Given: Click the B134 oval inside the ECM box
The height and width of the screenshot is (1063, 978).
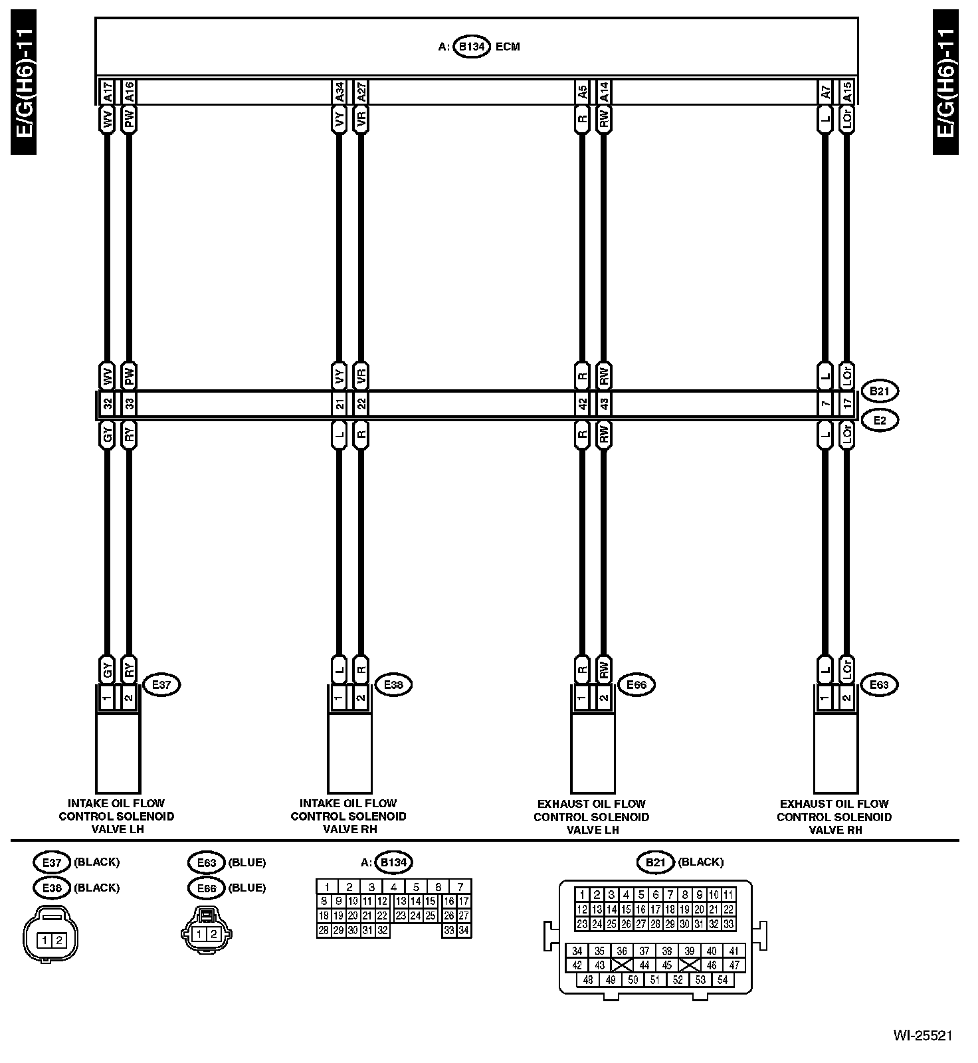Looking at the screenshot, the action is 472,47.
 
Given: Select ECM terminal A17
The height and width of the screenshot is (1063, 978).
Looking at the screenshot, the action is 107,91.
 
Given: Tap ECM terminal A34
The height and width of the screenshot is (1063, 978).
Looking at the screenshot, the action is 340,91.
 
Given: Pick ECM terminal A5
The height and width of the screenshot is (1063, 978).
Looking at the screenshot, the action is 583,91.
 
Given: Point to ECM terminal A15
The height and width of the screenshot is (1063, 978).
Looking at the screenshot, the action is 846,91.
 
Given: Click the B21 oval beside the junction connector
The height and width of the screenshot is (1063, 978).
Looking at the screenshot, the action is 879,391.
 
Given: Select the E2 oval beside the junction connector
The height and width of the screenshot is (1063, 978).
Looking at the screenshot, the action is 879,420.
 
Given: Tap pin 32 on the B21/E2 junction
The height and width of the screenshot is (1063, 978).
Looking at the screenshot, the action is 108,404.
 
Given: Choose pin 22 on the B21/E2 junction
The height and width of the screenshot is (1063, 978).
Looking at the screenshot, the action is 361,404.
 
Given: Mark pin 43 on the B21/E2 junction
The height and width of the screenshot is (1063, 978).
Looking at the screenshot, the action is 603,404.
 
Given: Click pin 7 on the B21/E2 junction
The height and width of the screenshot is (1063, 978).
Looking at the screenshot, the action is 825,404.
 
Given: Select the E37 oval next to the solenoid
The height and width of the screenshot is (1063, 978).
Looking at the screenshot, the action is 161,684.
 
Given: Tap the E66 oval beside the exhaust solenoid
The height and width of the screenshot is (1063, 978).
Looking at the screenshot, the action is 636,684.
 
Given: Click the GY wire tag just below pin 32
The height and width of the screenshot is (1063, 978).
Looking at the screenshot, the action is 108,435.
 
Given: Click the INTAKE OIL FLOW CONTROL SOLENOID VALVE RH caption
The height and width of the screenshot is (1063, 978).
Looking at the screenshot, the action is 348,816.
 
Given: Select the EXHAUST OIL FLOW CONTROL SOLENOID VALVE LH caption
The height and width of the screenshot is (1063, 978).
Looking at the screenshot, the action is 591,817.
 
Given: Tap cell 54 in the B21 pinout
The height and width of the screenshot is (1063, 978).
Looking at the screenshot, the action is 723,980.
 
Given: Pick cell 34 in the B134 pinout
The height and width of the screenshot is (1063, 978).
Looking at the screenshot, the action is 464,931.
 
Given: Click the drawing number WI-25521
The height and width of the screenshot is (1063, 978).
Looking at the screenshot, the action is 922,1035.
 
